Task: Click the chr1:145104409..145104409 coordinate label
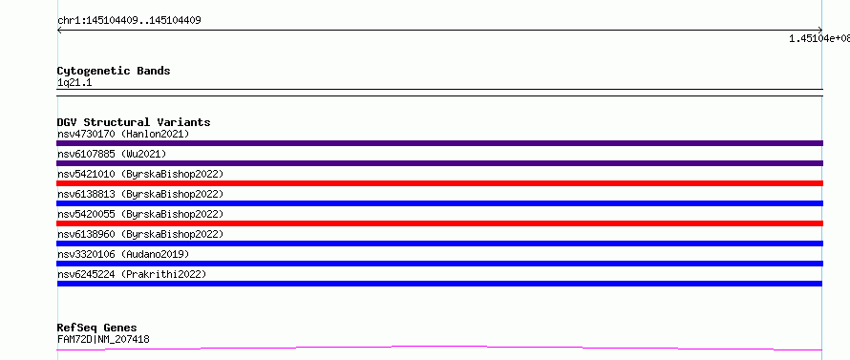(x=129, y=21)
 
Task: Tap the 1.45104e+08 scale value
(x=819, y=38)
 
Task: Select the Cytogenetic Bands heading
(x=114, y=71)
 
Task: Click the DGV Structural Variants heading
(x=134, y=122)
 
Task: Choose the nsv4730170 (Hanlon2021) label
(x=123, y=134)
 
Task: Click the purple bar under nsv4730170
(x=439, y=143)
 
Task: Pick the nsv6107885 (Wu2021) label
(x=112, y=154)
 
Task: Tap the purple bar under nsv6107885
(x=439, y=163)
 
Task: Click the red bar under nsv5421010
(x=439, y=183)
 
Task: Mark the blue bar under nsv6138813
(x=439, y=203)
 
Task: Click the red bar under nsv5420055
(x=439, y=223)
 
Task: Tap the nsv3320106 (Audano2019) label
(x=123, y=254)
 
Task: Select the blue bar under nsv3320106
(x=439, y=264)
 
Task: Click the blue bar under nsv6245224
(x=439, y=284)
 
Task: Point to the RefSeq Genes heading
(x=97, y=328)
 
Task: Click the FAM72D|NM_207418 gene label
(x=103, y=339)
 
